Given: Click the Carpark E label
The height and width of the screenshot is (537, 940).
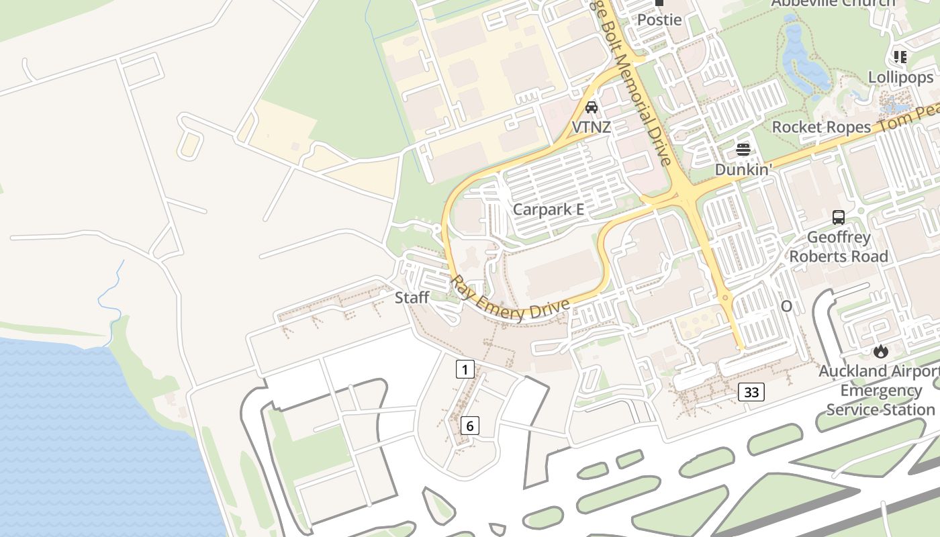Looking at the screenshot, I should (x=548, y=209).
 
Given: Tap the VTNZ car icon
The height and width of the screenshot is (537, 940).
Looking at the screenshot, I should (x=592, y=107).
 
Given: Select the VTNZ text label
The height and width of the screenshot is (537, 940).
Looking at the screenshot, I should (x=592, y=126).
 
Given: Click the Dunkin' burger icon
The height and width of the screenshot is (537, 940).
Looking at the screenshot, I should (x=743, y=149).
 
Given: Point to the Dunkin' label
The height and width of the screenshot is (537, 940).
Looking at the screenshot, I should (x=743, y=169).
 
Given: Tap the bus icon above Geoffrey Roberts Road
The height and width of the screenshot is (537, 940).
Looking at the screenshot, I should (x=839, y=217).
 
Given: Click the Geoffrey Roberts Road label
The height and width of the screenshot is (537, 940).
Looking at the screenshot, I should (x=839, y=246).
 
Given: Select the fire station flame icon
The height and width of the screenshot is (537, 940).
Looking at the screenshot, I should (x=880, y=350).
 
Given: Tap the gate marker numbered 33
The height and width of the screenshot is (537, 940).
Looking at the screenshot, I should (x=751, y=391).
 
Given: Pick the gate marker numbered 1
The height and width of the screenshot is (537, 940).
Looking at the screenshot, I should (x=465, y=369).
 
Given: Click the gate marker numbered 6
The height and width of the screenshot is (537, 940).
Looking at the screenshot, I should (x=470, y=425).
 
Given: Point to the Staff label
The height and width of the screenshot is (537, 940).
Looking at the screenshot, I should (x=412, y=297).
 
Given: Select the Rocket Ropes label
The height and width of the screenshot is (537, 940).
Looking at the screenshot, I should (x=821, y=127).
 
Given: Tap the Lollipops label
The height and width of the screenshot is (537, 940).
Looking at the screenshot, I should (x=900, y=77).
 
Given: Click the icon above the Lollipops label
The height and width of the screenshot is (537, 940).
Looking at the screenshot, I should (x=900, y=57).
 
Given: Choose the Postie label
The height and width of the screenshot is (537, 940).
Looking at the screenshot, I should (x=659, y=19).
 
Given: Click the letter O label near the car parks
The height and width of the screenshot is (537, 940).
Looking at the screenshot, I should (x=786, y=306).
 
